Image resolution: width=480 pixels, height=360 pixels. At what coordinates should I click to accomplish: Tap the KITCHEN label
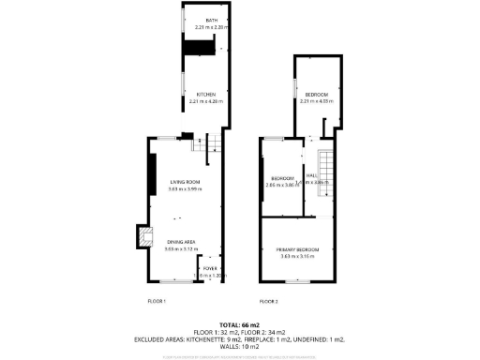[206, 94]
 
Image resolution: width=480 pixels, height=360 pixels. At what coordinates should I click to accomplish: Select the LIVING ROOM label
[185, 182]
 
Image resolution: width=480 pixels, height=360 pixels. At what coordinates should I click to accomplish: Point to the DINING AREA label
[182, 241]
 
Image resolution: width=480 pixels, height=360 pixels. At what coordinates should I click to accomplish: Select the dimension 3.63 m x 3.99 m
[185, 189]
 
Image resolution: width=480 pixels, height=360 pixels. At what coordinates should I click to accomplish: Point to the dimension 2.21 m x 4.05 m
[317, 101]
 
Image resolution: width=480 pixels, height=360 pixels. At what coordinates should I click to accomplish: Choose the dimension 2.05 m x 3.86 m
[282, 185]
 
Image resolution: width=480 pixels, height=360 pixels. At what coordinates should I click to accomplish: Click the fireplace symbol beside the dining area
[142, 238]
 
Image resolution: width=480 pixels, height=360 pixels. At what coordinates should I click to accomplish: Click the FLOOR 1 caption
[157, 301]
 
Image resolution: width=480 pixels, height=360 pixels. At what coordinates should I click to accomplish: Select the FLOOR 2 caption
[269, 301]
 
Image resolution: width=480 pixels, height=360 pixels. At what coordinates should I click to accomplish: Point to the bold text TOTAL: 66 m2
[239, 323]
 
